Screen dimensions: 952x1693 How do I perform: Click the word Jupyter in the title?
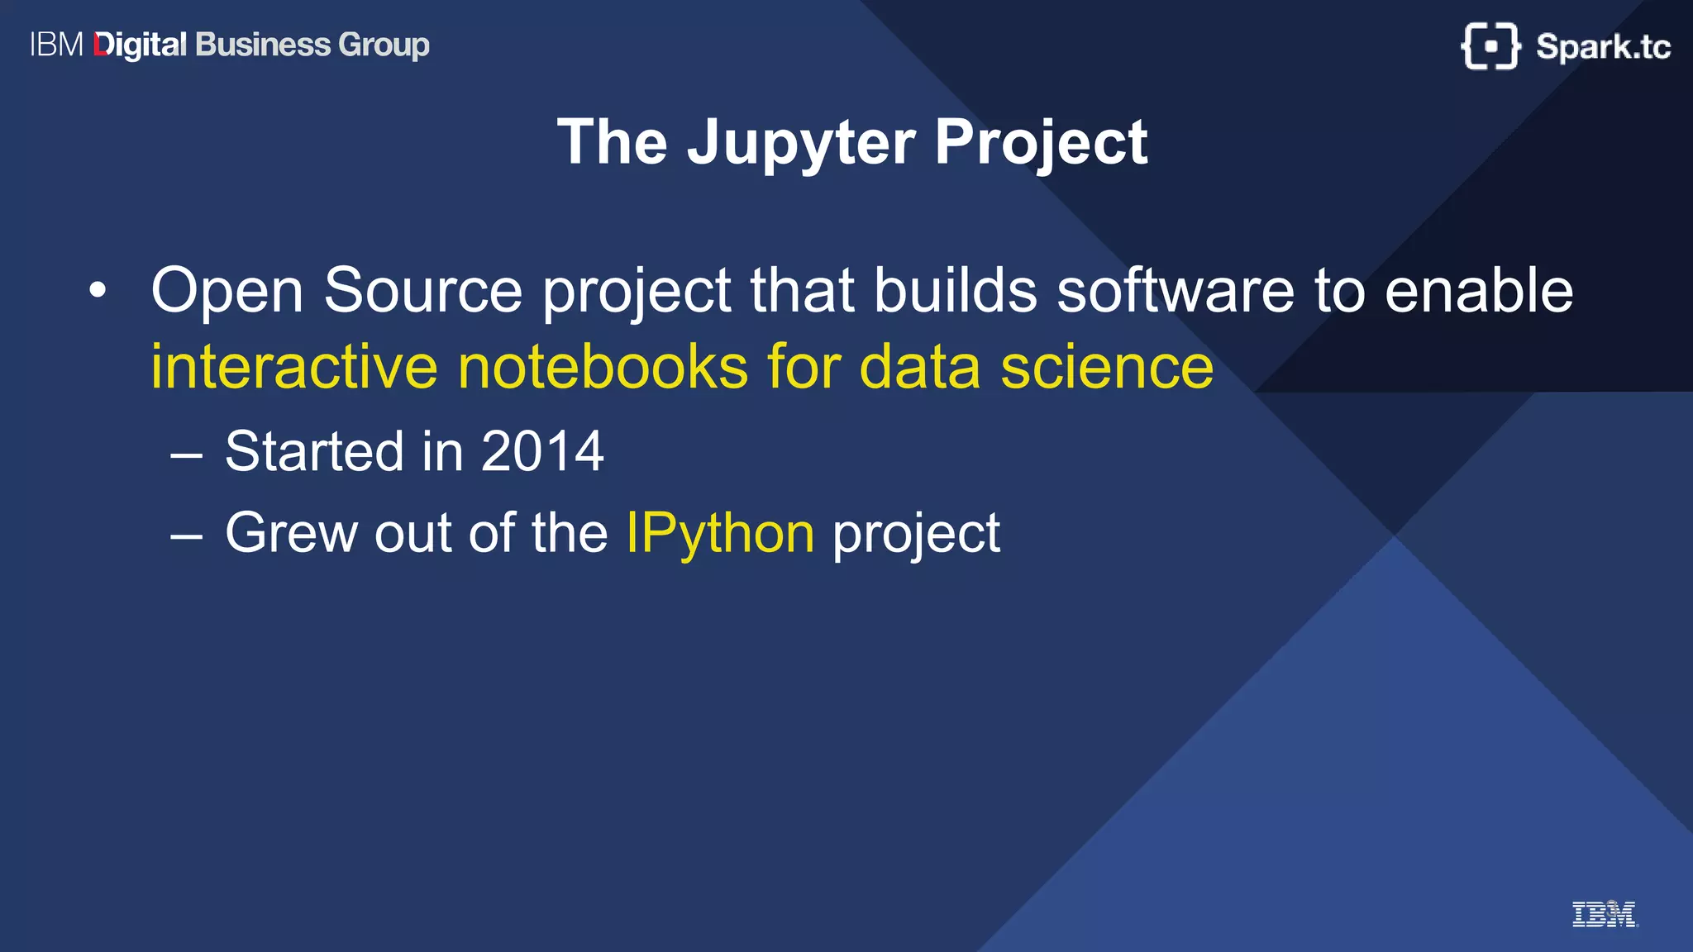pyautogui.click(x=800, y=143)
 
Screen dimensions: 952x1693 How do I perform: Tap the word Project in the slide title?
pyautogui.click(x=1041, y=143)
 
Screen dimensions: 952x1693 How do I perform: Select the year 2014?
pyautogui.click(x=542, y=451)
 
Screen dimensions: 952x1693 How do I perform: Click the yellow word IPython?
pyautogui.click(x=720, y=533)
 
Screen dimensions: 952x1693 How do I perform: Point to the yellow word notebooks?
pyautogui.click(x=603, y=367)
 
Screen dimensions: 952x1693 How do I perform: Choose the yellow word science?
pyautogui.click(x=1107, y=367)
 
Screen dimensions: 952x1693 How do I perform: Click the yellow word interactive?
pyautogui.click(x=294, y=367)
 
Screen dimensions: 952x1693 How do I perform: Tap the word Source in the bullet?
pyautogui.click(x=422, y=291)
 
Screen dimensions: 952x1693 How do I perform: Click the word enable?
pyautogui.click(x=1479, y=291)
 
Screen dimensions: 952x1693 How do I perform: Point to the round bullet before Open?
pyautogui.click(x=98, y=291)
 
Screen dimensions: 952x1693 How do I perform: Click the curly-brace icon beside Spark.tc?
pyautogui.click(x=1490, y=46)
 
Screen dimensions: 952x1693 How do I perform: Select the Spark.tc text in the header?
pyautogui.click(x=1603, y=47)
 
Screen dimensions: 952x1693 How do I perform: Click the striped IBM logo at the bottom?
pyautogui.click(x=1604, y=914)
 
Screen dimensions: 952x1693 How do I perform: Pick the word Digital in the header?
pyautogui.click(x=141, y=45)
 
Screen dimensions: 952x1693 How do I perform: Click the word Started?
pyautogui.click(x=313, y=451)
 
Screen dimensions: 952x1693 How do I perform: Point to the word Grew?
pyautogui.click(x=291, y=533)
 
